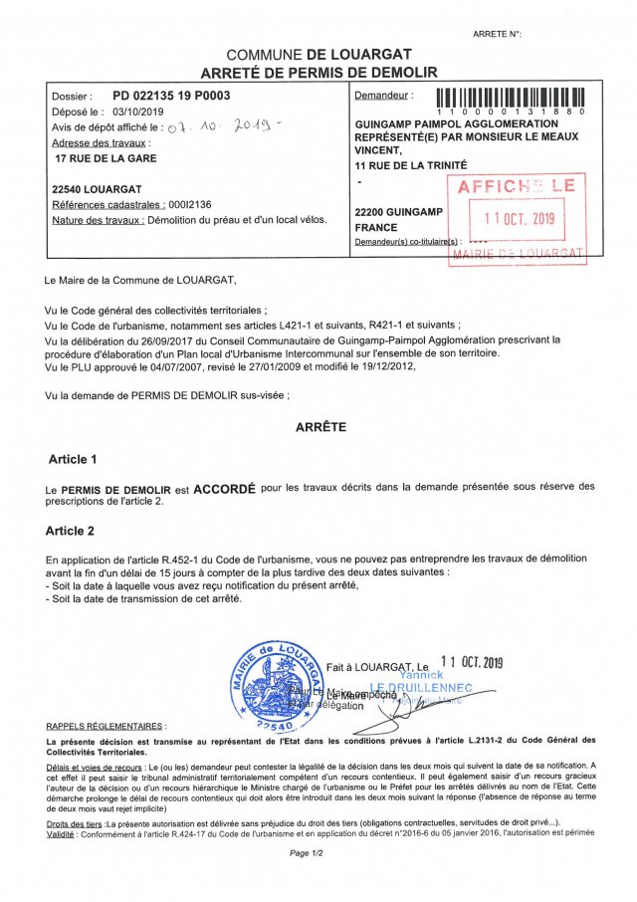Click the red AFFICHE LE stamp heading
516,186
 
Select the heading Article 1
74,460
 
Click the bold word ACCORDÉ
224,490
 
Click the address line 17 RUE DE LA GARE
106,158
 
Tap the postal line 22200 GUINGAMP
395,212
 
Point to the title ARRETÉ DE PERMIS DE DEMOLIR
319,73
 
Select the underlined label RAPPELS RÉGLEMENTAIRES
106,727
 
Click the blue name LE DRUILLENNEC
423,687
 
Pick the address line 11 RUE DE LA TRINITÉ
410,164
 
